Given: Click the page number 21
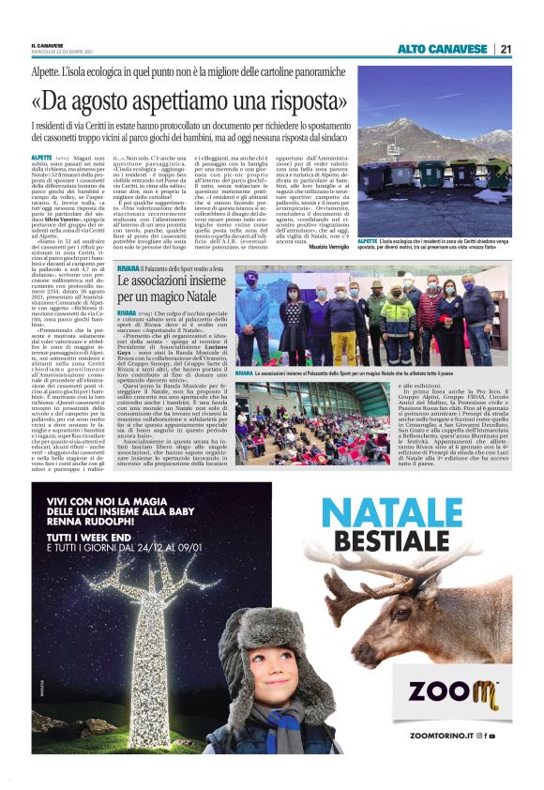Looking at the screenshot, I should coord(506,49).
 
